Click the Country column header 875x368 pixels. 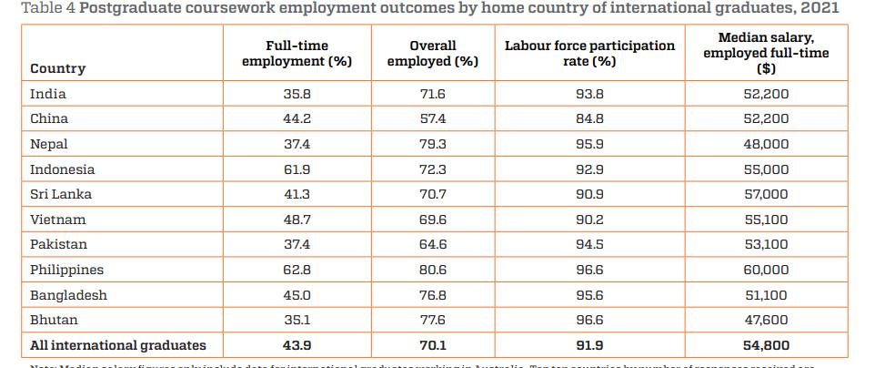(58, 68)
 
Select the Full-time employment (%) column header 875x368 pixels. (297, 54)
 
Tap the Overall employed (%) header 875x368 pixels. (432, 54)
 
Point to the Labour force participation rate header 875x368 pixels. (589, 54)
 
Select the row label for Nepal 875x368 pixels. (49, 144)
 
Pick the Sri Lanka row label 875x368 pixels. (60, 194)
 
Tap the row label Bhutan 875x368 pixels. (54, 320)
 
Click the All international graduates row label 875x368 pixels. (118, 345)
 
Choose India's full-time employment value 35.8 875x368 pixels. (297, 94)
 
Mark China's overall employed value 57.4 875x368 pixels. (432, 118)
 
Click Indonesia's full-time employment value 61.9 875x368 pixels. (297, 169)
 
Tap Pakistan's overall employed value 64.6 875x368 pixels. (432, 244)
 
